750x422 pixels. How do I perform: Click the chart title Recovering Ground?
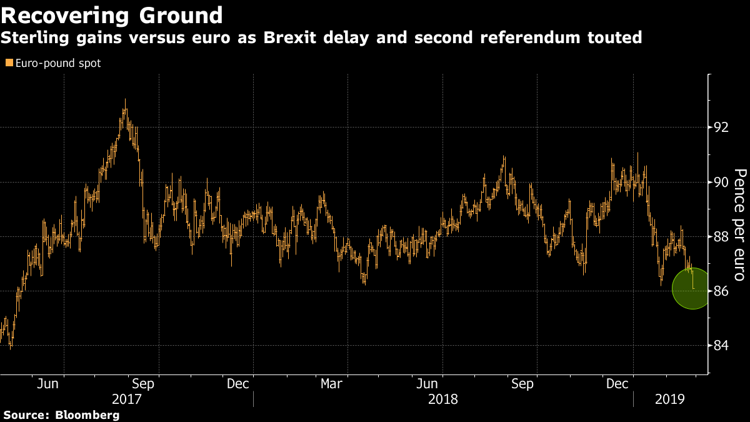point(112,14)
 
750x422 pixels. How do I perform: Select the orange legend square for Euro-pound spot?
point(9,63)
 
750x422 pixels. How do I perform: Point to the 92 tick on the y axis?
point(722,128)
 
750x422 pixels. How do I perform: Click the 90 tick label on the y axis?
point(722,182)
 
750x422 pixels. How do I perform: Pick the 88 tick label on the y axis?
point(722,236)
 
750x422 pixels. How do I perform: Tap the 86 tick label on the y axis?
point(722,291)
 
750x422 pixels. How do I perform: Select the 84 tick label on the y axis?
point(722,345)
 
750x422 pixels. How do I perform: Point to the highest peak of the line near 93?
point(126,100)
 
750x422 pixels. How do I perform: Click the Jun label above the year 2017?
point(48,384)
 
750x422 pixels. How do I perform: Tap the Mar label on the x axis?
point(331,384)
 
